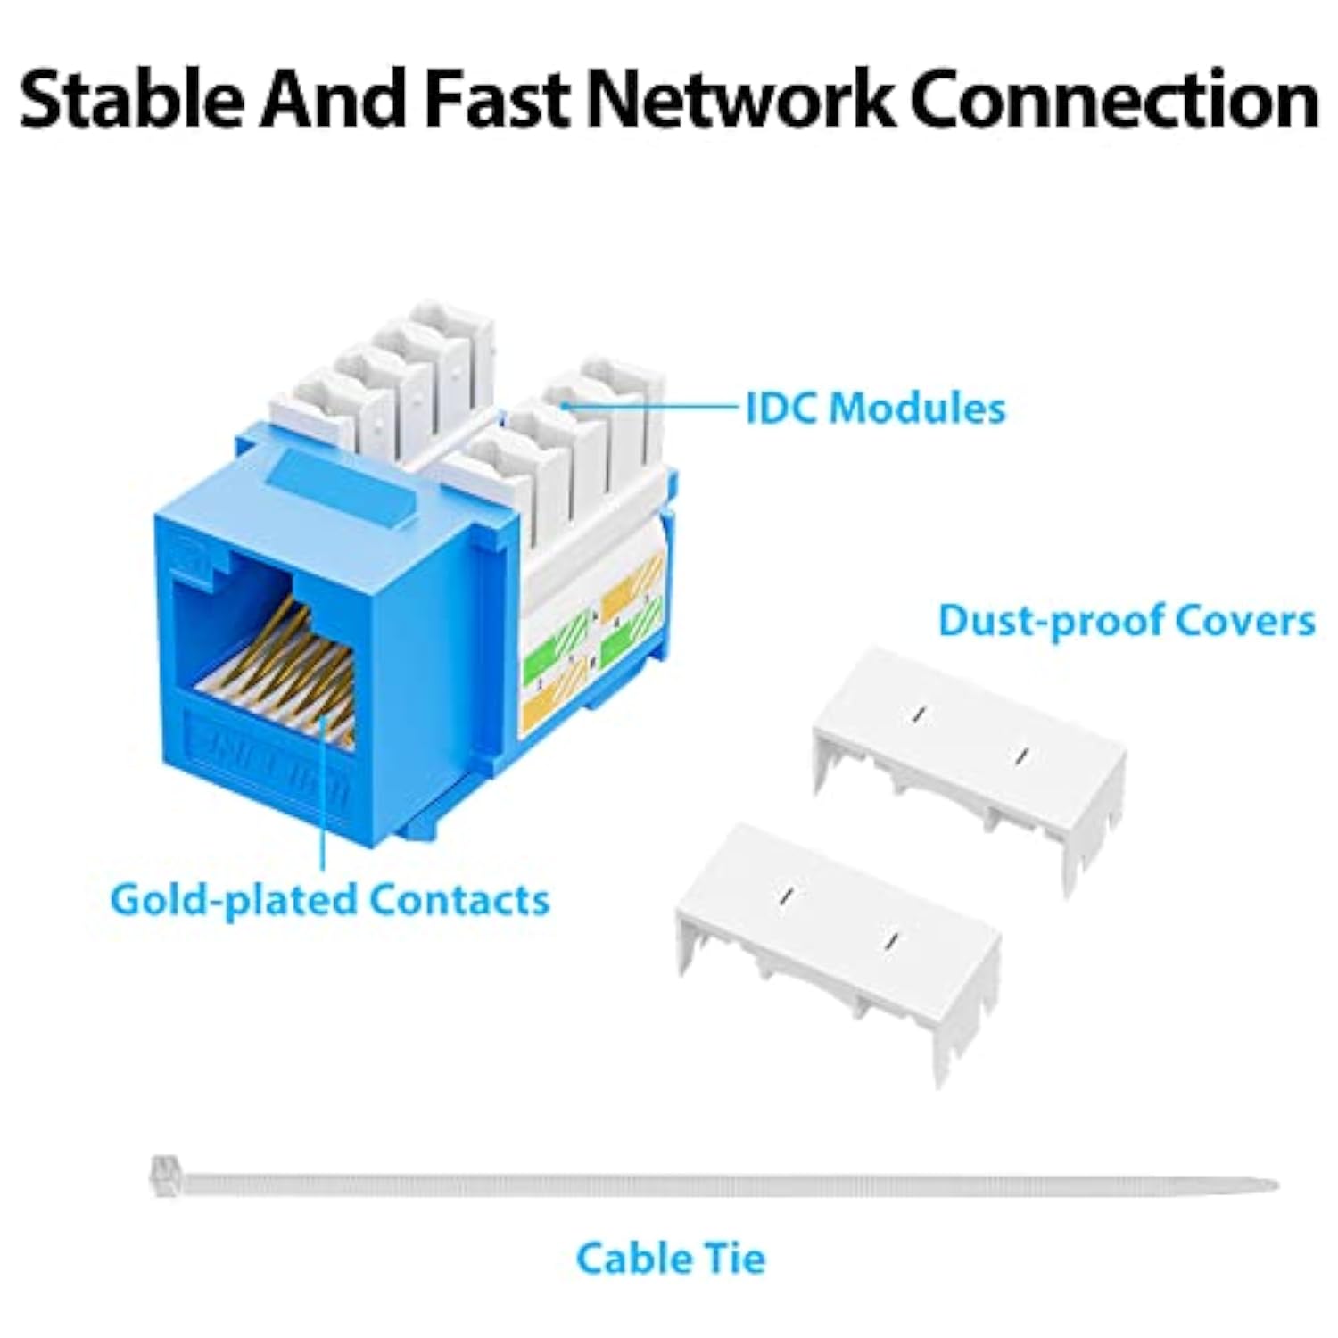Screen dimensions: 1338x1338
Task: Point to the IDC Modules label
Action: pyautogui.click(x=875, y=409)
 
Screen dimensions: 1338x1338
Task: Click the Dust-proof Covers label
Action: pyautogui.click(x=1126, y=621)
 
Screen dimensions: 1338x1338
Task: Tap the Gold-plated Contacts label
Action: pyautogui.click(x=329, y=899)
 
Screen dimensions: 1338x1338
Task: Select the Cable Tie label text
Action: pyautogui.click(x=670, y=1259)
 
